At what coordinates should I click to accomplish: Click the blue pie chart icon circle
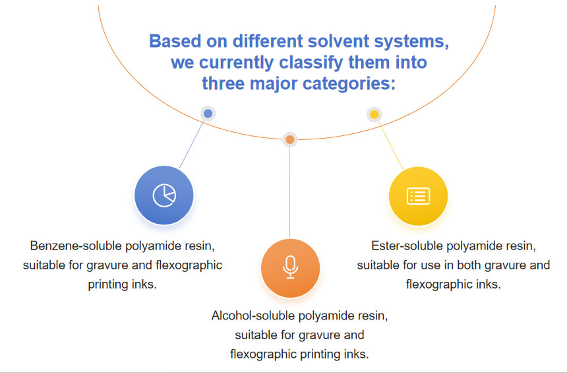pos(164,195)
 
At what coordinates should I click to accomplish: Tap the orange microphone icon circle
pos(290,267)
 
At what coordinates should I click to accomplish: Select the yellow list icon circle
pos(418,196)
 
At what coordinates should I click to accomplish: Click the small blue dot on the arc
pos(208,114)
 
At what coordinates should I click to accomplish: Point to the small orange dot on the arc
pos(289,139)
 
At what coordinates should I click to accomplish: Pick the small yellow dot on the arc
pos(374,114)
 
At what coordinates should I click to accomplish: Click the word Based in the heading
pos(170,41)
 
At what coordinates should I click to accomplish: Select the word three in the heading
pos(224,84)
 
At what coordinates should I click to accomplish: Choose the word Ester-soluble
pos(407,246)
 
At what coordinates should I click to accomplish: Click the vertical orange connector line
pos(289,191)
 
